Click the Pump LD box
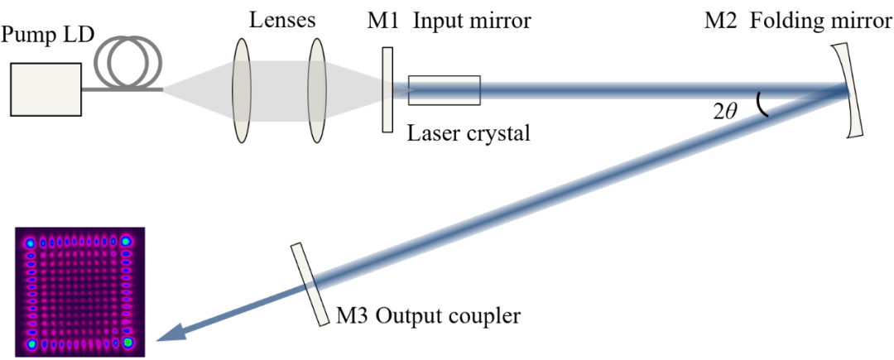pos(46,89)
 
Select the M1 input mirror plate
pos(387,89)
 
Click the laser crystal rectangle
pos(444,90)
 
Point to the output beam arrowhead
pos(171,333)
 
